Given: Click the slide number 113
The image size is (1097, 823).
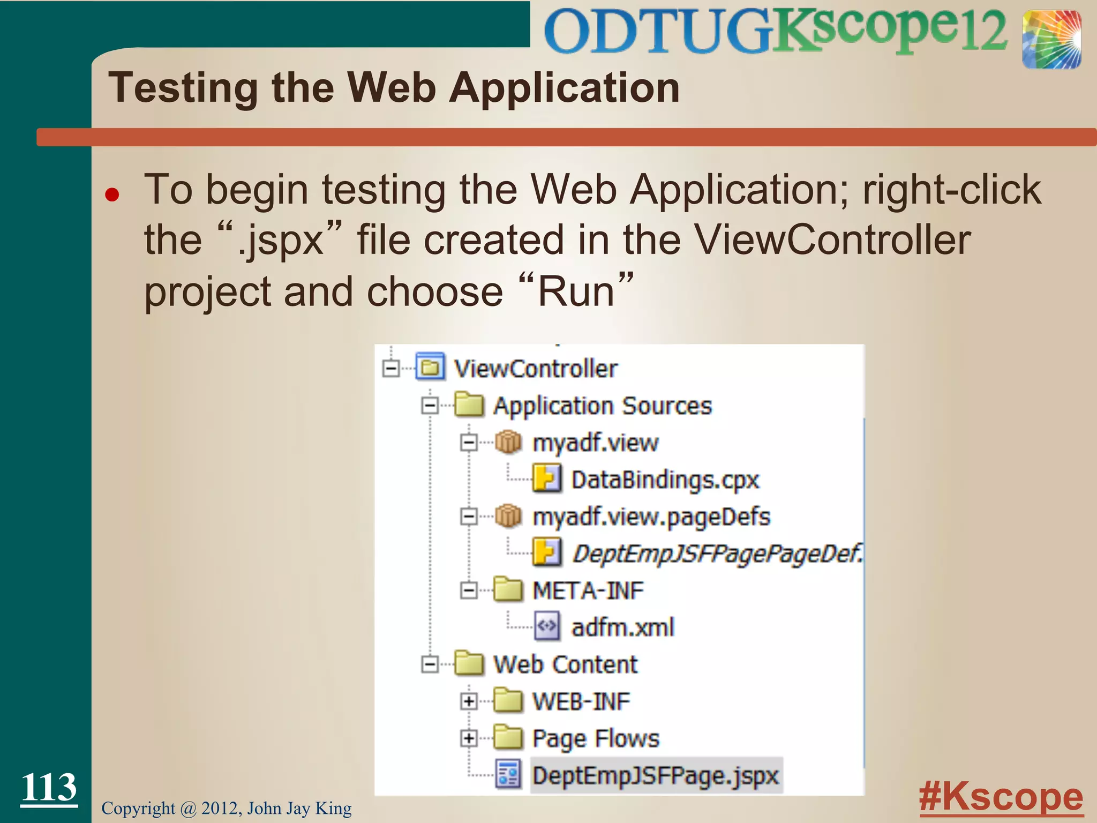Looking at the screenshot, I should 49,787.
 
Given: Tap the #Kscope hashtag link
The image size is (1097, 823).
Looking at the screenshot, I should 1001,797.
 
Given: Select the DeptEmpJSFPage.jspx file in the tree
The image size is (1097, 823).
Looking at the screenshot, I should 655,775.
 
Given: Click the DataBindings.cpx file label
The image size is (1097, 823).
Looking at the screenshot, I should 665,480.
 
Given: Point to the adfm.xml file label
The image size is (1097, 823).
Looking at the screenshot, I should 622,627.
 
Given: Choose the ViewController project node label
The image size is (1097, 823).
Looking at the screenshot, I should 536,369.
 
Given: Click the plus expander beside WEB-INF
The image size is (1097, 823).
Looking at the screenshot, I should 469,701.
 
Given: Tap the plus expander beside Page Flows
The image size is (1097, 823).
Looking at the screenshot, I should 469,738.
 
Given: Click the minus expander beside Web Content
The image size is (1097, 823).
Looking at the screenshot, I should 430,664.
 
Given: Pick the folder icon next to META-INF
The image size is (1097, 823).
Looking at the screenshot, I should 507,590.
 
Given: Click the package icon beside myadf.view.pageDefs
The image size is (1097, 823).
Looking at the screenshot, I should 507,516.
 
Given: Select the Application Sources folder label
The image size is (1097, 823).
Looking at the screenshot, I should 603,406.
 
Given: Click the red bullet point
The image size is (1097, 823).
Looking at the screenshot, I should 112,194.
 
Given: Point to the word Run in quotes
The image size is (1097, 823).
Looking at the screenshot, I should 576,292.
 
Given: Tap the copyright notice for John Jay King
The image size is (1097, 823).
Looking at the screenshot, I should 227,808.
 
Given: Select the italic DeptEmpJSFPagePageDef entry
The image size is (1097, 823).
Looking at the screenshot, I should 717,553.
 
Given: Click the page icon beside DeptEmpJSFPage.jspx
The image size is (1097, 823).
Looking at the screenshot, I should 507,775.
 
